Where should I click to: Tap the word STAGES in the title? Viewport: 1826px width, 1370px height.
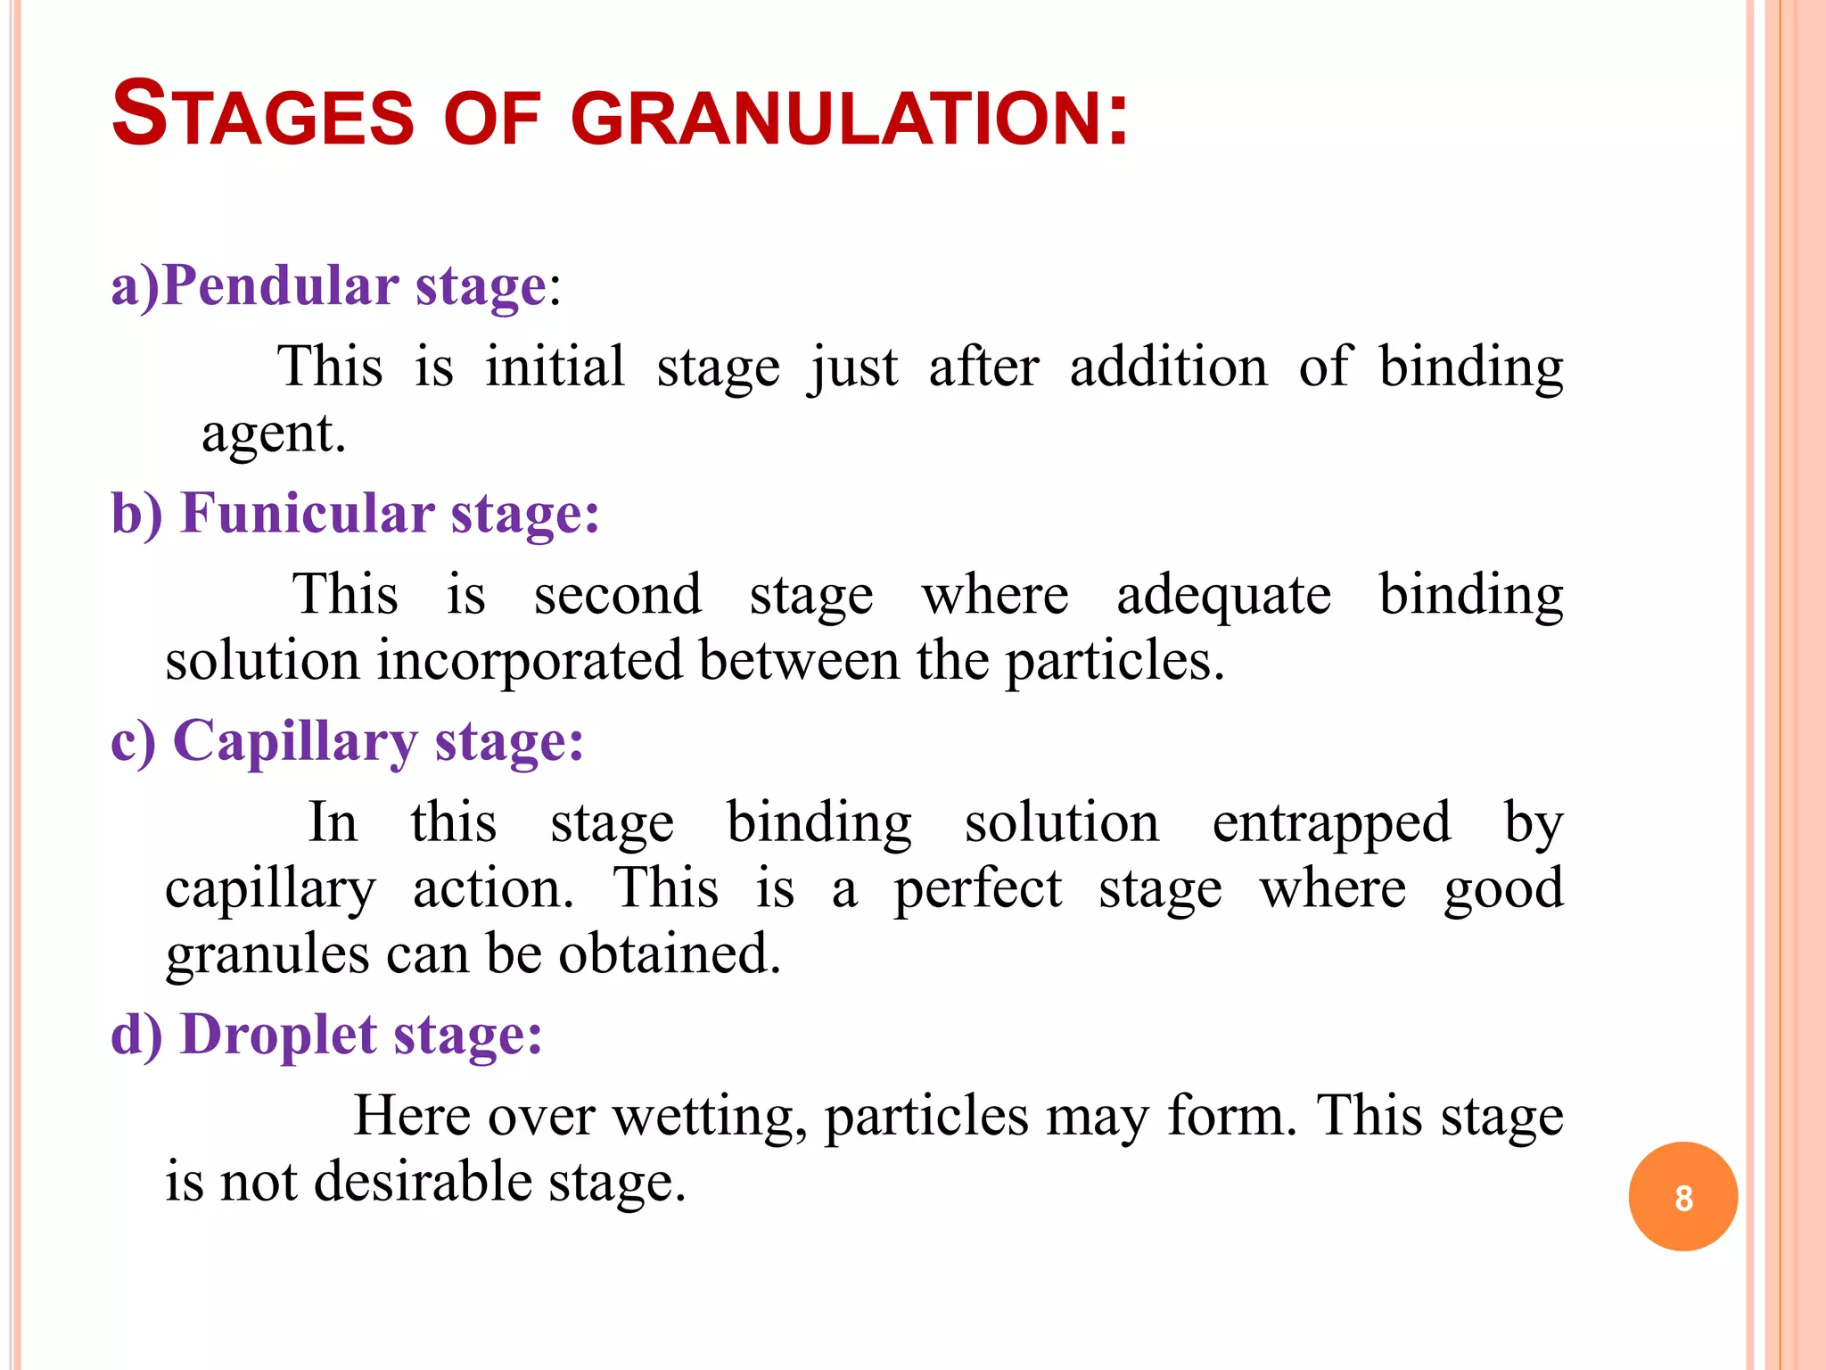point(263,115)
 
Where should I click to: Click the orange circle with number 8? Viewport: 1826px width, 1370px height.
point(1682,1197)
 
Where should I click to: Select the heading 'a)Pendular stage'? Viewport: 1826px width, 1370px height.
point(328,287)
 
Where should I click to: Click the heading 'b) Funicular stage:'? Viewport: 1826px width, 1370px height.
point(355,515)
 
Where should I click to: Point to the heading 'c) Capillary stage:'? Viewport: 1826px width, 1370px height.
point(347,742)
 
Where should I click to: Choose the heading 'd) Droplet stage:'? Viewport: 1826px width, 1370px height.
point(326,1036)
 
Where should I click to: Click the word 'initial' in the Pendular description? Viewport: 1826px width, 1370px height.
point(555,367)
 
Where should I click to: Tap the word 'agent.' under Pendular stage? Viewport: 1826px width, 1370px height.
point(273,434)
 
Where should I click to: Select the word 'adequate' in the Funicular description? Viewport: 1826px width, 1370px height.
point(1223,595)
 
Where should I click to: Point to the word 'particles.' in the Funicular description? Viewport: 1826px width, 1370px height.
point(1115,661)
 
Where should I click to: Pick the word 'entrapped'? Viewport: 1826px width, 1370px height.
point(1331,822)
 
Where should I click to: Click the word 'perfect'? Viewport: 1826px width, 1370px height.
point(978,889)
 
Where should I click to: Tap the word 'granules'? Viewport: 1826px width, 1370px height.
point(267,954)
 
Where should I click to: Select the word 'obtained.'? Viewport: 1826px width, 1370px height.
point(670,954)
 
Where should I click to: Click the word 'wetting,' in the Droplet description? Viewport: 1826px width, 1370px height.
point(711,1117)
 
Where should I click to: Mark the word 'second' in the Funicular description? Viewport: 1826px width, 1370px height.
point(617,595)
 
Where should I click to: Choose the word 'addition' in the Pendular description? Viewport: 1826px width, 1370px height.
point(1168,367)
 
